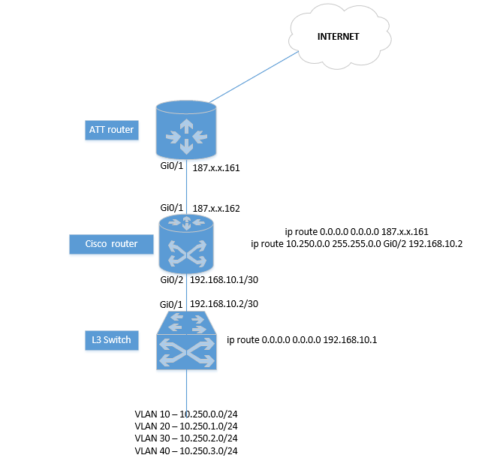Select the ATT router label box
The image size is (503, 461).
pos(111,130)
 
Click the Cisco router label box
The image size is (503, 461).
pos(112,244)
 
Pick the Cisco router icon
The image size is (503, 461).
pos(186,245)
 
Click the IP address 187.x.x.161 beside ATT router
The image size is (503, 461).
pos(216,170)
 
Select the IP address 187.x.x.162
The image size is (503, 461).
pos(216,208)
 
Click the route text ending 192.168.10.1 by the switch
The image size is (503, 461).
pos(302,340)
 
